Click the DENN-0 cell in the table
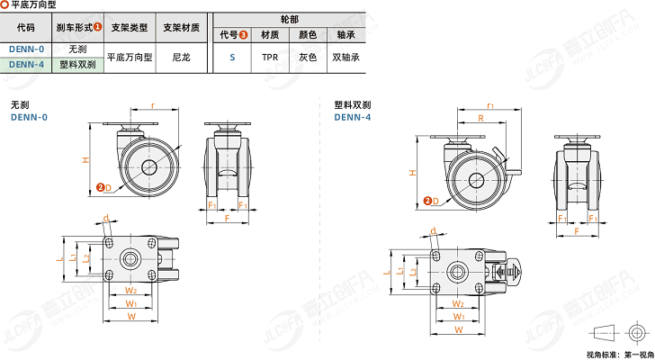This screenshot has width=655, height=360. click(x=26, y=49)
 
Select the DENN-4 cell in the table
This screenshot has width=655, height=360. click(x=26, y=64)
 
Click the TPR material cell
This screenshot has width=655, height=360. click(x=269, y=57)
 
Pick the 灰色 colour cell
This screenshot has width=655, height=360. click(x=307, y=57)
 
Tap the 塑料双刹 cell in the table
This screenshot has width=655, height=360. click(x=77, y=64)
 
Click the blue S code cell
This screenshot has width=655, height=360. click(x=231, y=57)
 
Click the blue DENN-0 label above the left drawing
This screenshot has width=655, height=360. click(x=29, y=117)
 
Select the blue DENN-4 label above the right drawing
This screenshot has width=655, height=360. click(x=353, y=116)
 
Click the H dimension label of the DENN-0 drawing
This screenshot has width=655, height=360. click(x=85, y=159)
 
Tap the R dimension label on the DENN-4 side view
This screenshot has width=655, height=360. click(x=481, y=118)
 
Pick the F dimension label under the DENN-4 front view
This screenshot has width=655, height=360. click(x=576, y=231)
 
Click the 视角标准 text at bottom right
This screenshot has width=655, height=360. click(x=601, y=354)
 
